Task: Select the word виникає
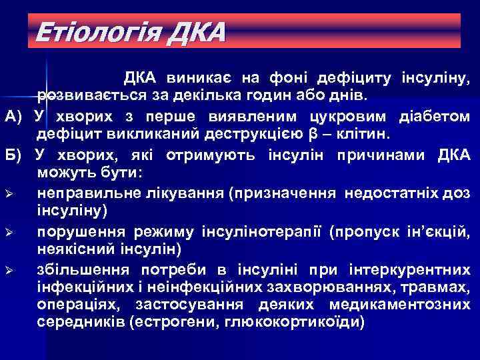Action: tap(191, 79)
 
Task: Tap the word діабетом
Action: tap(434, 117)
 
